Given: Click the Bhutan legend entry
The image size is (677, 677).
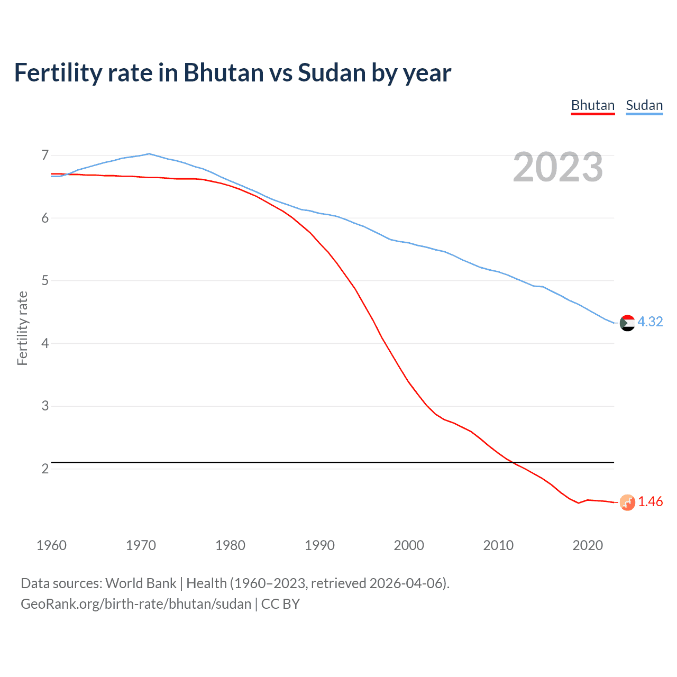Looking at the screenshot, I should [593, 105].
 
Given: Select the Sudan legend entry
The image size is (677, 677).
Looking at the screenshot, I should [644, 105].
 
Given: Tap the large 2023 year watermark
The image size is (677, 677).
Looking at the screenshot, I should [558, 167].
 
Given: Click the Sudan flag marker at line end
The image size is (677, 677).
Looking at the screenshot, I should [627, 323].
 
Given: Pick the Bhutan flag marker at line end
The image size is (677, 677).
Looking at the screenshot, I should [627, 502].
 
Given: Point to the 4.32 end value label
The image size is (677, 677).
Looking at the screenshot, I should [650, 322].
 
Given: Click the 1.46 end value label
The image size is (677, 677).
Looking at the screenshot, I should [650, 501].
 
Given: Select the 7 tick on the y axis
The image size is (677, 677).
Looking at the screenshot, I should [45, 155].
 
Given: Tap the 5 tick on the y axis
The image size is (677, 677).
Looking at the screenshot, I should [45, 280].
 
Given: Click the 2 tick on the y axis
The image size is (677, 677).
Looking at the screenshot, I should [45, 469].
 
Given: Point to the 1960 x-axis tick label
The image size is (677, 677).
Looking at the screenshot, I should [51, 545].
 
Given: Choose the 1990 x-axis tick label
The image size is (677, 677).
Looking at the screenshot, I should [319, 545].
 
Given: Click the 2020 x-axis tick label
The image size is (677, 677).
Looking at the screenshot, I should [588, 545].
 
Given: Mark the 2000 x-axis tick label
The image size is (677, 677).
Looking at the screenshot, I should [409, 545].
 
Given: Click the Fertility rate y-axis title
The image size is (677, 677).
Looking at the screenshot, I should [22, 328].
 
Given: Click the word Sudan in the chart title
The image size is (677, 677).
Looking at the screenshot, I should [332, 72].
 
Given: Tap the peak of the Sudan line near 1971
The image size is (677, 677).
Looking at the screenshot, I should [149, 153].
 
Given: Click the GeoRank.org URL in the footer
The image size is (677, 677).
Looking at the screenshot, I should [136, 604].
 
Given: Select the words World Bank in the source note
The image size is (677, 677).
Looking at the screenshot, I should [141, 583].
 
